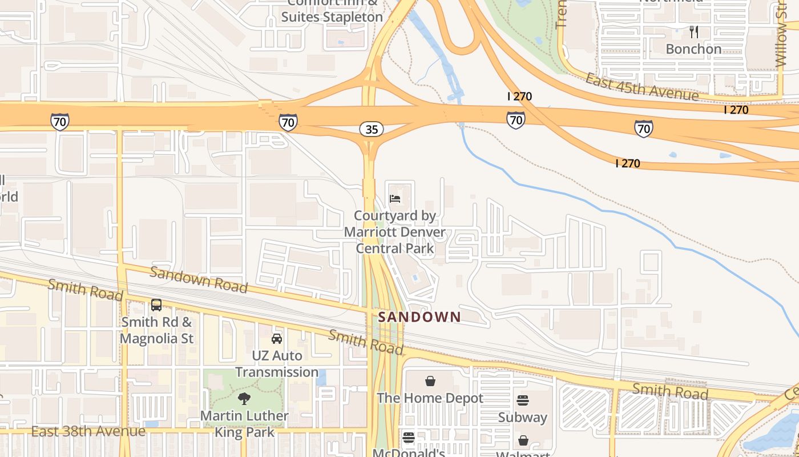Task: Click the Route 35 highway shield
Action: (372, 129)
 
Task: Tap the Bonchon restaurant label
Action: (693, 49)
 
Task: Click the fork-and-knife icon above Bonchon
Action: (694, 32)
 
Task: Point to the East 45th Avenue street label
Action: (641, 87)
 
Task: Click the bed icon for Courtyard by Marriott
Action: (395, 199)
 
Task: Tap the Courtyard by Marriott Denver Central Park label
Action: (395, 232)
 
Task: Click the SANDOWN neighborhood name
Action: (419, 317)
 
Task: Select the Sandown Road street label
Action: (199, 279)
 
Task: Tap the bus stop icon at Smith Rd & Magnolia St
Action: (156, 305)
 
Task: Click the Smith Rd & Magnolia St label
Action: (157, 330)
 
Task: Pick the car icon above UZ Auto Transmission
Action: (277, 339)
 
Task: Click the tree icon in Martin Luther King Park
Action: (244, 399)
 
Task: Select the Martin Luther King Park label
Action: (244, 423)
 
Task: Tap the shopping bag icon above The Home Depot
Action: (430, 381)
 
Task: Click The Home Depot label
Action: (430, 398)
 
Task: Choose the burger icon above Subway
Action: (523, 400)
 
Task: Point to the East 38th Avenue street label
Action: (88, 431)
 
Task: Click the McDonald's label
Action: (409, 452)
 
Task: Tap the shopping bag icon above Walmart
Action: (523, 440)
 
